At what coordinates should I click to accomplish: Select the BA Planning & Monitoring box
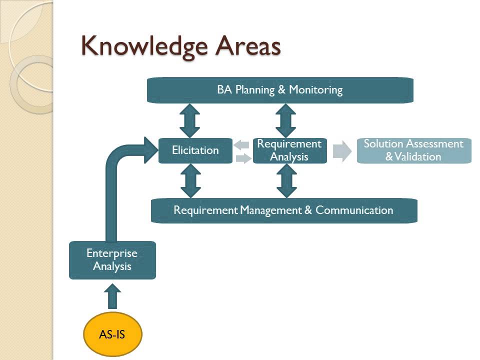(x=280, y=90)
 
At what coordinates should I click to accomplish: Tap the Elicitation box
(x=195, y=150)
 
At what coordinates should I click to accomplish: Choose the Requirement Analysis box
(x=289, y=150)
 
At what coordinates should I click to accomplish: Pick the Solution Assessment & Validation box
(x=413, y=150)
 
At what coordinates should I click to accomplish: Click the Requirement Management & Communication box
(x=283, y=210)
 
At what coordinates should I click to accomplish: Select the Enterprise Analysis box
(x=112, y=259)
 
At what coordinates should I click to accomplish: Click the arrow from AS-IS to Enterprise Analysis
(x=112, y=296)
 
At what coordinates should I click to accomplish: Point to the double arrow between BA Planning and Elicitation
(x=189, y=120)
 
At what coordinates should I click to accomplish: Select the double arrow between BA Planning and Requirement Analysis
(x=285, y=120)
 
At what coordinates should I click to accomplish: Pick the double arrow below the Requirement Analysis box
(x=285, y=180)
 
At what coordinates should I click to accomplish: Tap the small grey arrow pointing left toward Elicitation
(x=241, y=145)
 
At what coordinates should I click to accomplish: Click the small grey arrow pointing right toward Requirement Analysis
(x=243, y=158)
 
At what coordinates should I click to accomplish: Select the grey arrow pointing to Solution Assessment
(x=342, y=150)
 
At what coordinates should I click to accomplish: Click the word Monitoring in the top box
(x=316, y=90)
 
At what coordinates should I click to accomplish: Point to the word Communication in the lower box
(x=354, y=210)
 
